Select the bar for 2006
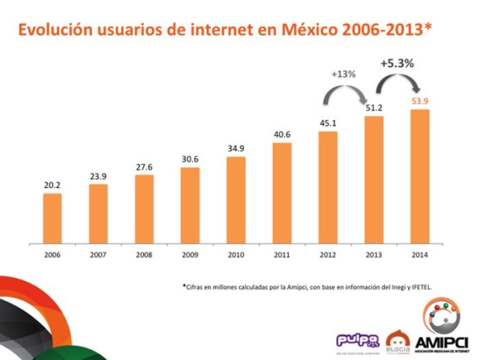click(52, 218)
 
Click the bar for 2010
click(236, 200)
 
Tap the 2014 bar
click(420, 176)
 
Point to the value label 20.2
click(52, 184)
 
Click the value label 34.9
click(236, 148)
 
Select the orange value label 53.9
click(420, 101)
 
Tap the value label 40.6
click(282, 134)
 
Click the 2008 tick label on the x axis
click(144, 254)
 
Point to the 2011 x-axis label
click(282, 254)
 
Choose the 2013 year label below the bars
click(374, 254)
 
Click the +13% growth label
click(344, 73)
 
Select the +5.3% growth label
click(397, 63)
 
